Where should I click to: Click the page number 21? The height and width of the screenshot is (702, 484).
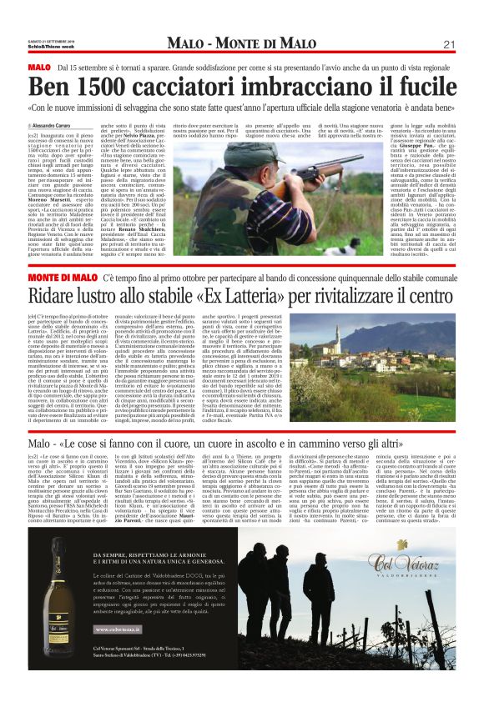tap(447, 44)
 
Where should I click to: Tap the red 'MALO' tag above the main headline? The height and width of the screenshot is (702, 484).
tap(38, 66)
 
